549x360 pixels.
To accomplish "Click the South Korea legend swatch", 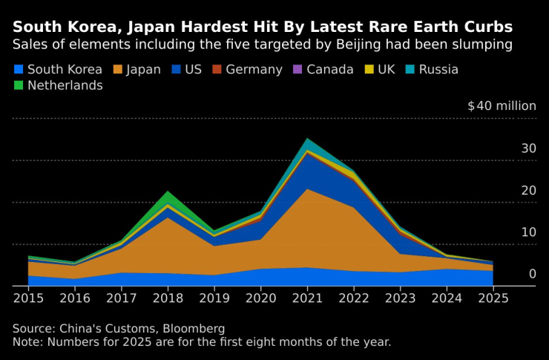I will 19,70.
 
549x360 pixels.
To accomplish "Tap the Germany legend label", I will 254,70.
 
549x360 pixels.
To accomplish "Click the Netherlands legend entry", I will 65,85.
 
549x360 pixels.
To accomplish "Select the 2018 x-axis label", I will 168,298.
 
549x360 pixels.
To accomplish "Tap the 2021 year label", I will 307,298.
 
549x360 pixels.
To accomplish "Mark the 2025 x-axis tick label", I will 493,298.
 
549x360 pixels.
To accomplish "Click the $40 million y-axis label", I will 502,106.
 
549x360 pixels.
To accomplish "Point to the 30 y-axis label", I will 528,148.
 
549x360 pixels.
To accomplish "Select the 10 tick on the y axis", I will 528,232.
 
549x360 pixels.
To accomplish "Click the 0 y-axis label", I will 532,275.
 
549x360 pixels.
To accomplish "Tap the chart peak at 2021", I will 307,139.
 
